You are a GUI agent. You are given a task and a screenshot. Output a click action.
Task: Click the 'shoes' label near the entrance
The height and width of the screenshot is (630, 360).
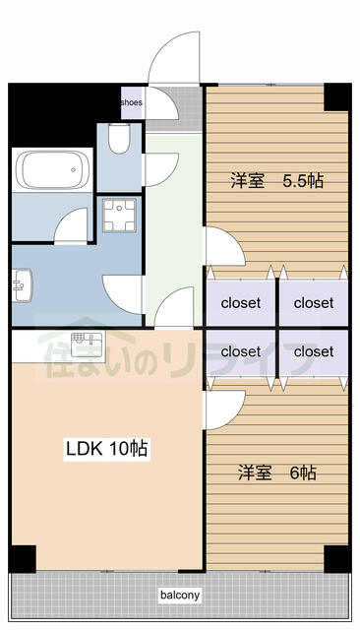click(132, 101)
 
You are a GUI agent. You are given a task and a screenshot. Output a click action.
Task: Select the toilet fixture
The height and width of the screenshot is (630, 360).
click(118, 143)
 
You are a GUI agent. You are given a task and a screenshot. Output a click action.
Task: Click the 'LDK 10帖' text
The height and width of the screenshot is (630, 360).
click(106, 449)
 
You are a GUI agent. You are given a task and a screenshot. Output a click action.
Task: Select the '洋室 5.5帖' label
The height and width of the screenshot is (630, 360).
click(277, 181)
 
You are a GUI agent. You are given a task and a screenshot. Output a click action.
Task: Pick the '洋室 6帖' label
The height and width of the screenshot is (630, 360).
click(276, 473)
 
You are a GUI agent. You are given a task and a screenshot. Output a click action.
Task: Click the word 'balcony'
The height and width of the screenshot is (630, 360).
click(180, 596)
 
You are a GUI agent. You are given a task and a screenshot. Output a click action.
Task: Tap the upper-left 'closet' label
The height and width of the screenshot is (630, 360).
click(241, 302)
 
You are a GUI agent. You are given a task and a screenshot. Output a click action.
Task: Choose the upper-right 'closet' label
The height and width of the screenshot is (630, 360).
click(314, 302)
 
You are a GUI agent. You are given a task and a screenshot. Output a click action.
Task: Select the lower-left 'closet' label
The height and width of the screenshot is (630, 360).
click(241, 350)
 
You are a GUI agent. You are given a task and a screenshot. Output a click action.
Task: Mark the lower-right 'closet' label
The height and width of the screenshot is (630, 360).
click(314, 350)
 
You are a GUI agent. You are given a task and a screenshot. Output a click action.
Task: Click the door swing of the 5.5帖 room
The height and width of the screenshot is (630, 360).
click(224, 246)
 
